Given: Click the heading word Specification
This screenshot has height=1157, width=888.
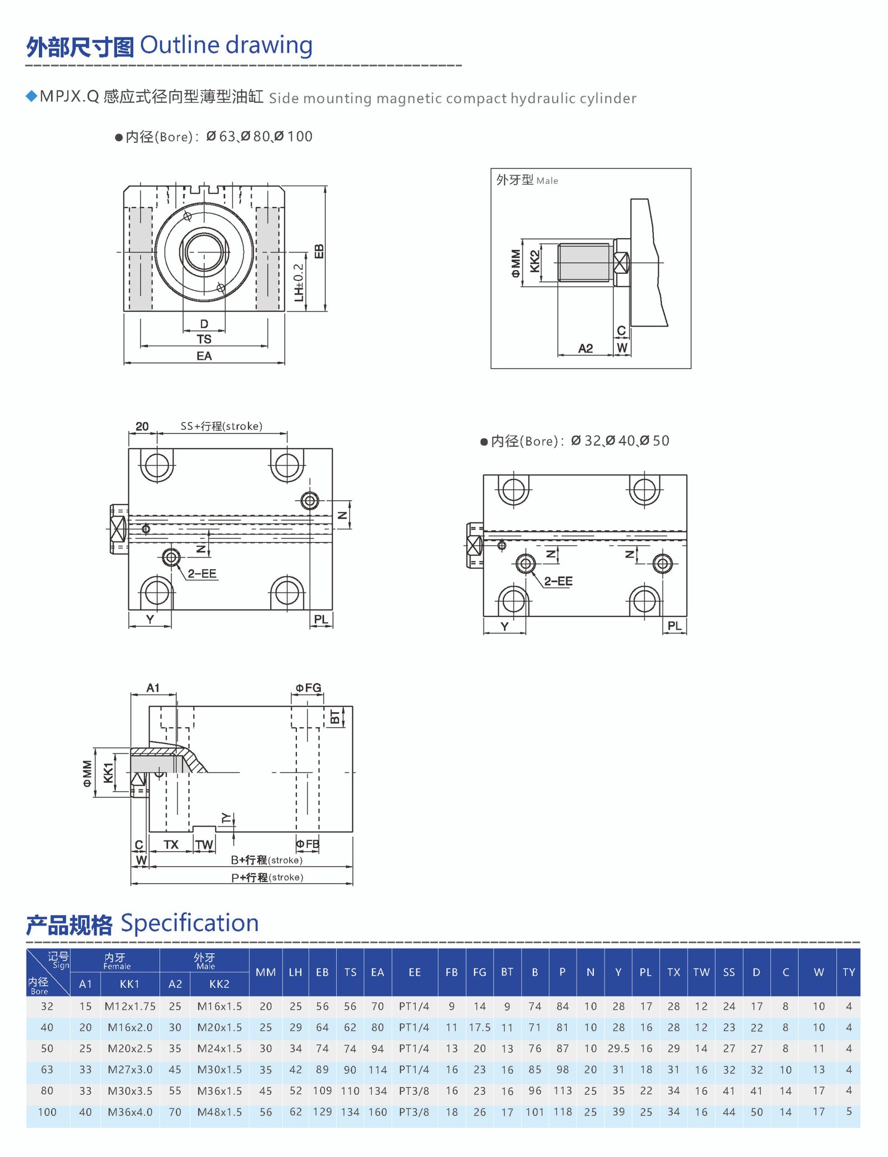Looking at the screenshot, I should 189,923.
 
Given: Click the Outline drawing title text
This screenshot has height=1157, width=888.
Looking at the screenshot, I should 226,45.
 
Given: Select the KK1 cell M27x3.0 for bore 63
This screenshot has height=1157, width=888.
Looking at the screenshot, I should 130,1069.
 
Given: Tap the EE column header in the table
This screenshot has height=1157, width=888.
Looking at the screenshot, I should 415,972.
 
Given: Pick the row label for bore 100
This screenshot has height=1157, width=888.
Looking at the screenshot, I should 47,1112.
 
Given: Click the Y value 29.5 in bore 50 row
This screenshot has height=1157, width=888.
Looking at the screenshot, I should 618,1048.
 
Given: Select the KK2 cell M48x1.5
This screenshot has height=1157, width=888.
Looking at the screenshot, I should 219,1112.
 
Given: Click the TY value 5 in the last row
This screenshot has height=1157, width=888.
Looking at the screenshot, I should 849,1112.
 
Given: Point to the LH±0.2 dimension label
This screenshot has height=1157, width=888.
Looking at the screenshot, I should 299,283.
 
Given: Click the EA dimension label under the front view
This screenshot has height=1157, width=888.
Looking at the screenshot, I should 204,356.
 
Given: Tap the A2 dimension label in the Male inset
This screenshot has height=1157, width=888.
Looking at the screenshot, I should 586,348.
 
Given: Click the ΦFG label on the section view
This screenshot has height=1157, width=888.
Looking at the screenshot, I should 308,688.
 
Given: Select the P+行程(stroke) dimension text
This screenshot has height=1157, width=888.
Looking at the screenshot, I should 267,877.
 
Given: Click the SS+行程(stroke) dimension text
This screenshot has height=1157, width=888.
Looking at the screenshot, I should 221,426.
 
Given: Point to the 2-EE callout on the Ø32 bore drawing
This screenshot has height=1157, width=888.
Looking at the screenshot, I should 558,581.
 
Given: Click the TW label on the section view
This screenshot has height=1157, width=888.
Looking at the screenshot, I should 204,844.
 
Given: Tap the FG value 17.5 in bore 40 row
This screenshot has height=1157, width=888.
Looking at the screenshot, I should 480,1027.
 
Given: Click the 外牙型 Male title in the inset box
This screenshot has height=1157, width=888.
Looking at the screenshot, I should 527,180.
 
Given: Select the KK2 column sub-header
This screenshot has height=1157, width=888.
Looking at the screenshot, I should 219,984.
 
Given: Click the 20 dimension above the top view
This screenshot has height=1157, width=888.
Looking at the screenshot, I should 142,426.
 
